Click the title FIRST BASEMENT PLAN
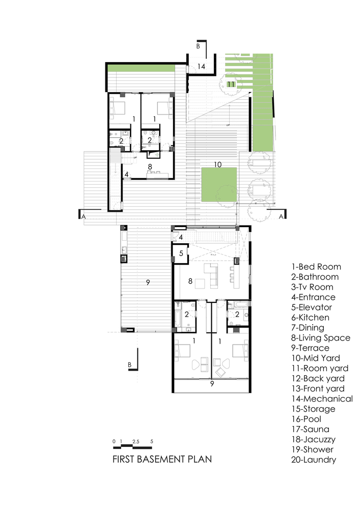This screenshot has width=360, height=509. [162, 459]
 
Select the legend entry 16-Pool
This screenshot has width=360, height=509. [306, 419]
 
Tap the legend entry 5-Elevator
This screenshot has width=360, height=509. [311, 307]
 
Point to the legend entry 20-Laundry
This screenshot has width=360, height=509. [314, 460]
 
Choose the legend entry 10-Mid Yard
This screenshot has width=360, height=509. [316, 358]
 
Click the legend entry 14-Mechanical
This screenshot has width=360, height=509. [322, 399]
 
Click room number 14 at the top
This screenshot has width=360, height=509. [201, 67]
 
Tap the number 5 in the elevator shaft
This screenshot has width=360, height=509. [181, 253]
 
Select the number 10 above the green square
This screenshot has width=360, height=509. [218, 164]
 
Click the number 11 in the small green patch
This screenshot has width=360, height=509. [231, 84]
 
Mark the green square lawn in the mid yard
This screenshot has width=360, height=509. [219, 185]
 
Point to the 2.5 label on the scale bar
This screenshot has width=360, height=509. [135, 441]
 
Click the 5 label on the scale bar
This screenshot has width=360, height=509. [152, 441]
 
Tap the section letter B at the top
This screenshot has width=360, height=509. [198, 46]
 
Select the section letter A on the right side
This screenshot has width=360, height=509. [281, 216]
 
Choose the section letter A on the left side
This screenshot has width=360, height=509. [84, 216]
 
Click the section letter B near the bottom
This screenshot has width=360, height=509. [129, 365]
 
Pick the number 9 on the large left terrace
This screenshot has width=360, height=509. [148, 282]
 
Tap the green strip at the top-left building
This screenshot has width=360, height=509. [141, 68]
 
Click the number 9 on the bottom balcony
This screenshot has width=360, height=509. [212, 384]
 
